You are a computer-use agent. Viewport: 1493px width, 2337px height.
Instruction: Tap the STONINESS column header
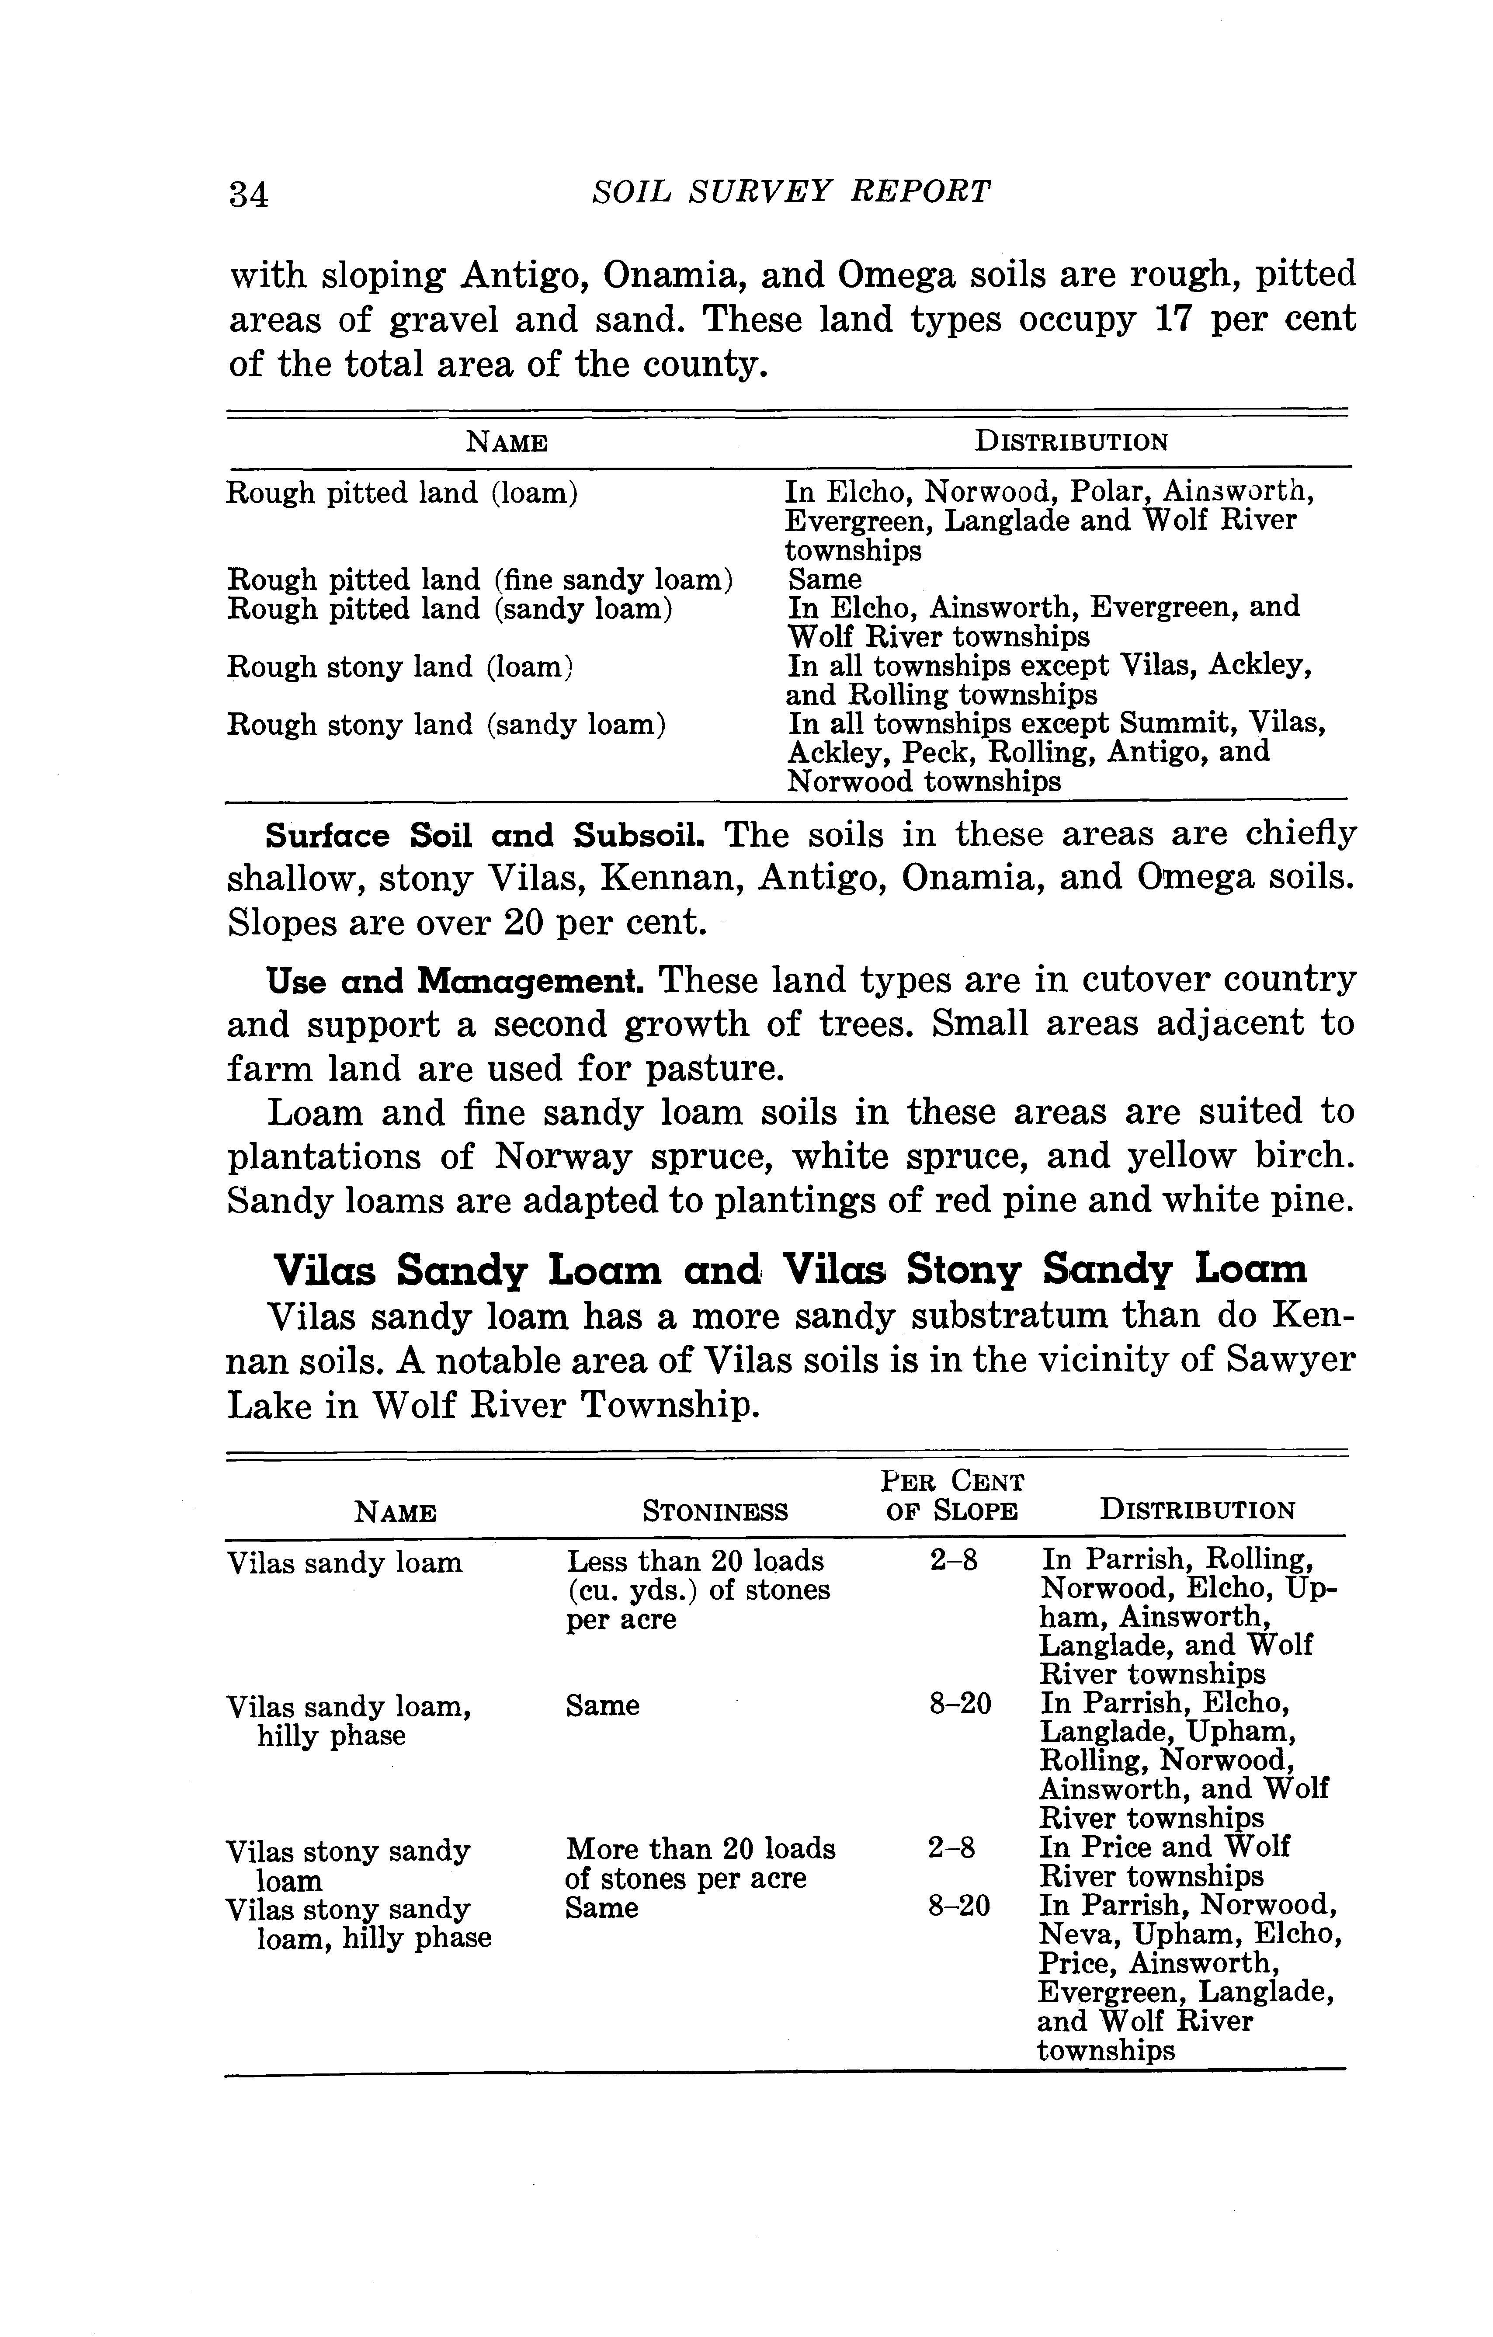point(715,1511)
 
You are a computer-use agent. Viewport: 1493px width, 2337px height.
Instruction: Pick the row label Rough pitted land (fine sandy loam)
point(479,580)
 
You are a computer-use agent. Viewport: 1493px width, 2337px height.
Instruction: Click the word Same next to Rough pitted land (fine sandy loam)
point(824,580)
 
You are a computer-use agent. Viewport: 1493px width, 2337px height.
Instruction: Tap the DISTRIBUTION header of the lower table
point(1197,1511)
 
